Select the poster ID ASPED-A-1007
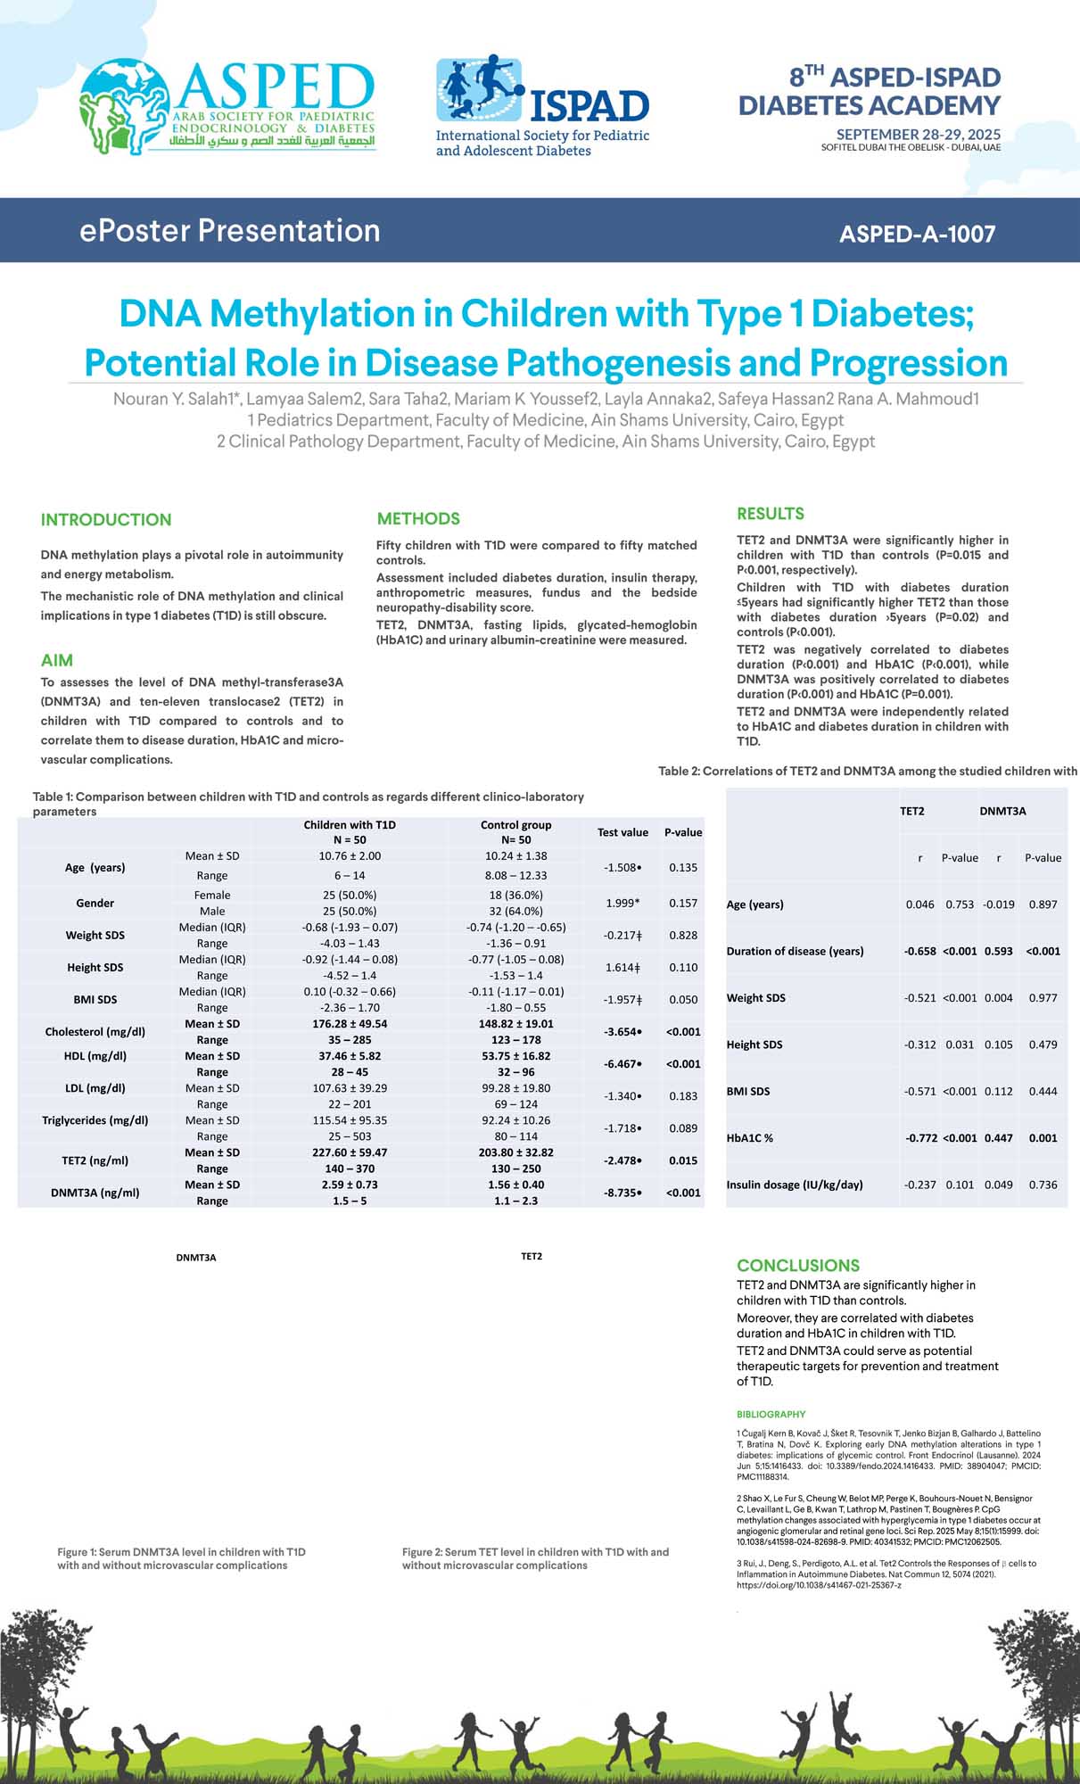[x=917, y=234]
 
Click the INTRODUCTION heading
[x=106, y=520]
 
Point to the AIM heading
[x=57, y=661]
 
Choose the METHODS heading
[x=418, y=519]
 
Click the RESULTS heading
[x=771, y=514]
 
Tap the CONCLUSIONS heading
[x=798, y=1265]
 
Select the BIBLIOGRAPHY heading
[x=771, y=1414]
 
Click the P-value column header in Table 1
[x=683, y=832]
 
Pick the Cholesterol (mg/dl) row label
[x=95, y=1032]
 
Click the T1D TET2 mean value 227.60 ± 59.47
[x=350, y=1152]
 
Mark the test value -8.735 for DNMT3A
[x=622, y=1193]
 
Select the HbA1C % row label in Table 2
[x=750, y=1138]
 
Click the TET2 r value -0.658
[x=919, y=951]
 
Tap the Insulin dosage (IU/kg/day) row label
[x=795, y=1185]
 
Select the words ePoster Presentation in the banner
[x=230, y=231]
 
